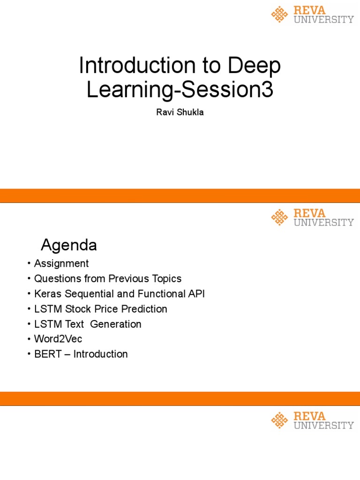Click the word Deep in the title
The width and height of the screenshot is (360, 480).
[x=255, y=66]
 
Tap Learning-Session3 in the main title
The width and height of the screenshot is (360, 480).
[x=180, y=90]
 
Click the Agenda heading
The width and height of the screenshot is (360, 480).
[x=69, y=245]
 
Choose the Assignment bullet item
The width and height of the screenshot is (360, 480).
[x=61, y=263]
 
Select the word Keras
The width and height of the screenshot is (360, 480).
[x=47, y=294]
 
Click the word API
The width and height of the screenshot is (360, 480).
[x=196, y=294]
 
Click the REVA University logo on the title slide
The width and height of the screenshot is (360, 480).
[x=312, y=15]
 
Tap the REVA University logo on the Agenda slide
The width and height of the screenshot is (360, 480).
[x=312, y=217]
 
